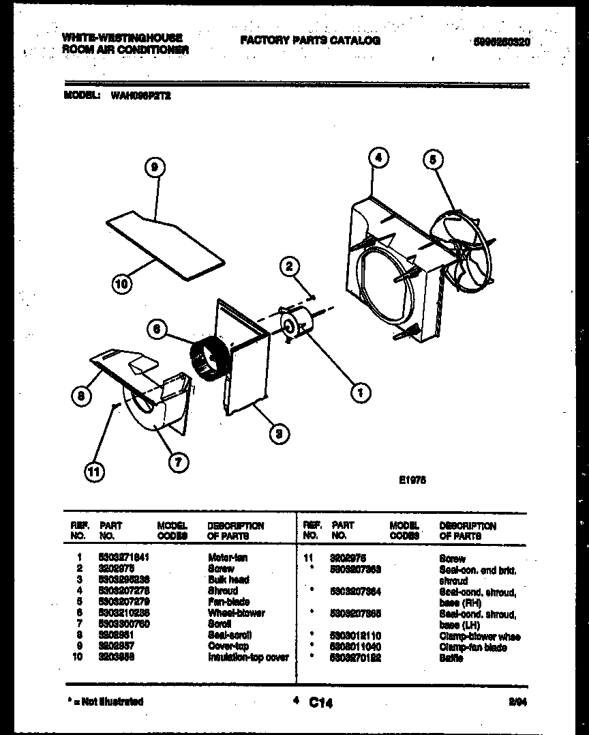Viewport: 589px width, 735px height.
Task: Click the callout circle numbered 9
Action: tap(156, 168)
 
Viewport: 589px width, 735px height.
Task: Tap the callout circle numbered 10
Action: tap(121, 284)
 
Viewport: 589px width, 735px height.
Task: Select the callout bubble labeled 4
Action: tap(378, 157)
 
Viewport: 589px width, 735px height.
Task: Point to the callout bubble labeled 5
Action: tap(433, 160)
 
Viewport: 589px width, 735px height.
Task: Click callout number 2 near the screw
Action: tap(289, 266)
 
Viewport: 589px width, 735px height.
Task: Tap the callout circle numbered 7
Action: tap(178, 462)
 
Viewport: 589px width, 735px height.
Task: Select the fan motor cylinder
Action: tap(299, 323)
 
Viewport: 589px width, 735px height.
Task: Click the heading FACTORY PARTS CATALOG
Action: tap(310, 41)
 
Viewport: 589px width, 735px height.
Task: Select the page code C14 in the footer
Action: tap(320, 702)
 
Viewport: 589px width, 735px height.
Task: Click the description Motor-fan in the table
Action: tap(228, 558)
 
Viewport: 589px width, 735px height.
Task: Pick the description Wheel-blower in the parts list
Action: tap(237, 613)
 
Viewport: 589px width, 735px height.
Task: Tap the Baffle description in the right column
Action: tap(451, 658)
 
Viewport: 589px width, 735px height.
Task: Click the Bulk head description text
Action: tap(228, 579)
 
